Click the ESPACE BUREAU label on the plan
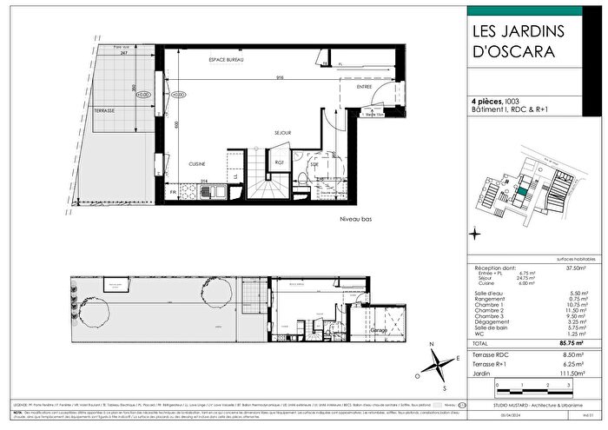pyautogui.click(x=225, y=58)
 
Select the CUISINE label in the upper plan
pyautogui.click(x=199, y=163)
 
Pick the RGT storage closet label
pyautogui.click(x=280, y=162)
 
